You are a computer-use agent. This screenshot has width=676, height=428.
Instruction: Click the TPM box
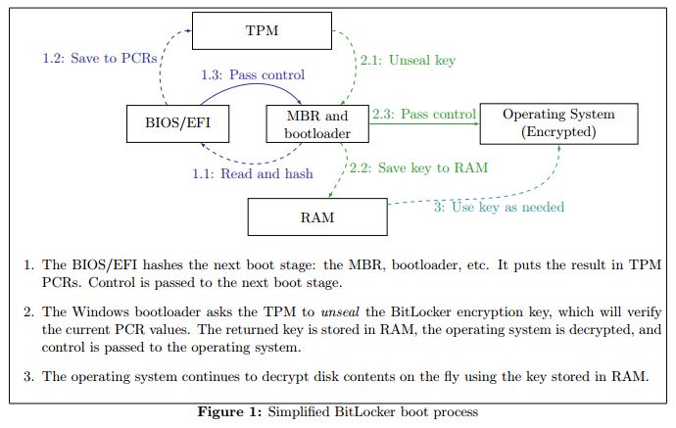pos(262,30)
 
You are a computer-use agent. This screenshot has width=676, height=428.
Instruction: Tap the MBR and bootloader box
pos(316,123)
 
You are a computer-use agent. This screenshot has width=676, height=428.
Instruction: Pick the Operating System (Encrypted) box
pos(558,123)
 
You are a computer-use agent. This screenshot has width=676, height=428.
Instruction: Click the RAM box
pos(316,216)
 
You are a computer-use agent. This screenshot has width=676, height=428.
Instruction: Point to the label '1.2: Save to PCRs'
pos(100,58)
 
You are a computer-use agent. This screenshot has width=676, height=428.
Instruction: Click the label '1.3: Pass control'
pos(252,74)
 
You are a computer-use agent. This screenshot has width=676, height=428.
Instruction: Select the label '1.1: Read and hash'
pos(253,173)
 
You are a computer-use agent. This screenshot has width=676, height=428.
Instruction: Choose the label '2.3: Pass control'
pos(424,114)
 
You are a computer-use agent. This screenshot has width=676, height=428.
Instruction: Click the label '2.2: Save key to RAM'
pos(418,167)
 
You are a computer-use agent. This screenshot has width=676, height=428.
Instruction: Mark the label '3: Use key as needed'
pos(500,207)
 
